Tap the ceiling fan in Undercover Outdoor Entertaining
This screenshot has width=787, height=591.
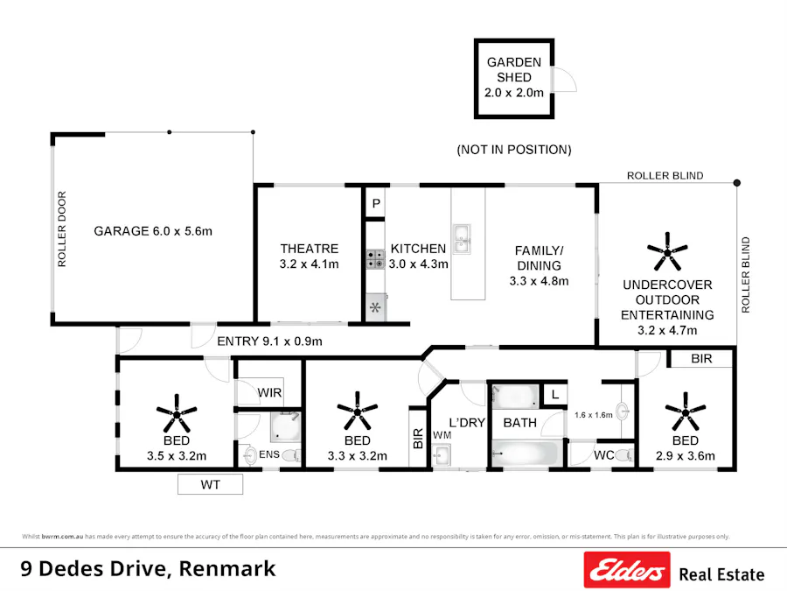668,252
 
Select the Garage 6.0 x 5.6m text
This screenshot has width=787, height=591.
154,231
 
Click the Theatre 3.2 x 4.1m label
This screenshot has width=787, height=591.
309,256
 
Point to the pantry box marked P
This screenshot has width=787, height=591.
376,203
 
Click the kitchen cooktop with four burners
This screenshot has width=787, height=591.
376,258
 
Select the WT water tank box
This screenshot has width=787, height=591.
210,484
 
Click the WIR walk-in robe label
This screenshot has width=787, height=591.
269,393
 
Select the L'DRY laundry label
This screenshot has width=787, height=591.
466,422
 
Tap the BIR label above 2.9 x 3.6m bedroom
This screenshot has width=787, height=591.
701,359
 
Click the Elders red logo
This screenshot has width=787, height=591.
626,570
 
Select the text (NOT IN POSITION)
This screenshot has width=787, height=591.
514,150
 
